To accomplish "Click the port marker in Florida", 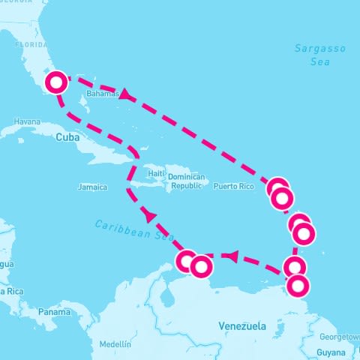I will [x=56, y=82].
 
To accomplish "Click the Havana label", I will [x=26, y=121].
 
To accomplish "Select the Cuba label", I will [x=67, y=137].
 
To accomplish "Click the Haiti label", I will [x=156, y=173].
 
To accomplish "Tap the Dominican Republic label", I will [x=187, y=181].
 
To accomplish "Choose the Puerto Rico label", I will [x=234, y=186].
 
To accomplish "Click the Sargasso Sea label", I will [x=320, y=55].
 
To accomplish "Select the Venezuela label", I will [x=242, y=326].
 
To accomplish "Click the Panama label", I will [x=54, y=311].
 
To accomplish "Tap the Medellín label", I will [x=115, y=344].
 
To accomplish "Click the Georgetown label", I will [x=339, y=337].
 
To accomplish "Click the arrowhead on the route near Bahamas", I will [x=124, y=95].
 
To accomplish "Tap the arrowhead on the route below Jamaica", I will [x=149, y=215].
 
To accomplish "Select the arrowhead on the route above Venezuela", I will [x=232, y=257].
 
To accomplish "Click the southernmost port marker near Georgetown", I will [x=298, y=286].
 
